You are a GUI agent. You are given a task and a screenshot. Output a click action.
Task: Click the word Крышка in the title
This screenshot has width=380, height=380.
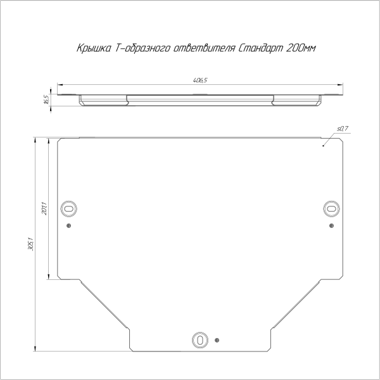click(x=94, y=48)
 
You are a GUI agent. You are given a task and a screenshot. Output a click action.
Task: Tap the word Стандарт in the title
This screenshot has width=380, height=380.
click(x=261, y=48)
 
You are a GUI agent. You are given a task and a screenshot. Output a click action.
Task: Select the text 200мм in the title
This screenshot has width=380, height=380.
click(x=301, y=48)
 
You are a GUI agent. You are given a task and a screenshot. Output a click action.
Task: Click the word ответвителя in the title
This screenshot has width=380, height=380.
click(x=205, y=48)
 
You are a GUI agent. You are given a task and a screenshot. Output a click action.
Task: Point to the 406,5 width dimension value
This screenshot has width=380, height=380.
click(x=200, y=80)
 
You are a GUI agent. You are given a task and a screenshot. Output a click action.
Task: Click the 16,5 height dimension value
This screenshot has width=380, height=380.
click(x=46, y=99)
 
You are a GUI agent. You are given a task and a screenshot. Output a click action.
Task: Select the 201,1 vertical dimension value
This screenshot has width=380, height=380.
click(x=44, y=208)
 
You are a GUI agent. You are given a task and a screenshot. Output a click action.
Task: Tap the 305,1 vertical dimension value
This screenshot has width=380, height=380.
click(x=31, y=244)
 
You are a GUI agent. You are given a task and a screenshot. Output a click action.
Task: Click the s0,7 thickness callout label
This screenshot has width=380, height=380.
click(x=343, y=129)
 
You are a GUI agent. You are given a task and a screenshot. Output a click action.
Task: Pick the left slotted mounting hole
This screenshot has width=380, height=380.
click(x=69, y=208)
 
